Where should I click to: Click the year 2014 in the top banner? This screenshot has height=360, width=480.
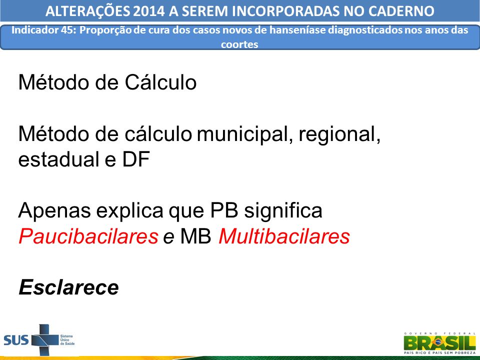pos(149,11)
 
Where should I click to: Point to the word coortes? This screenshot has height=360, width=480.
pos(239,44)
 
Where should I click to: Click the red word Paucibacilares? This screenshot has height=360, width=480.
pos(88,236)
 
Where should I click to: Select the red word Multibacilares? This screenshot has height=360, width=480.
pos(284,236)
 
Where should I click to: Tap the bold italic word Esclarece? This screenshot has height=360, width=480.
pos(68,287)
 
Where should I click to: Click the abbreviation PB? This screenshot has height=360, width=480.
pos(224,210)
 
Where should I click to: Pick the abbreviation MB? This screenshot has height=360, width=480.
pos(195,236)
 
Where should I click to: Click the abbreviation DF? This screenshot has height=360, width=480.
pos(136,159)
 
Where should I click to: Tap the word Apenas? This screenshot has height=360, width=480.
pos(54,210)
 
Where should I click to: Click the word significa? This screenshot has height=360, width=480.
pos(283,210)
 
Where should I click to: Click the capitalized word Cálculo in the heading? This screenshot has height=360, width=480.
pos(160,82)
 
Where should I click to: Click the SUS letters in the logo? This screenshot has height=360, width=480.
pos(16,340)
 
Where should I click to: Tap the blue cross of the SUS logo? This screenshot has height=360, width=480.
pos(44,340)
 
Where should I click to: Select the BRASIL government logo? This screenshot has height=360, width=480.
pos(439,343)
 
